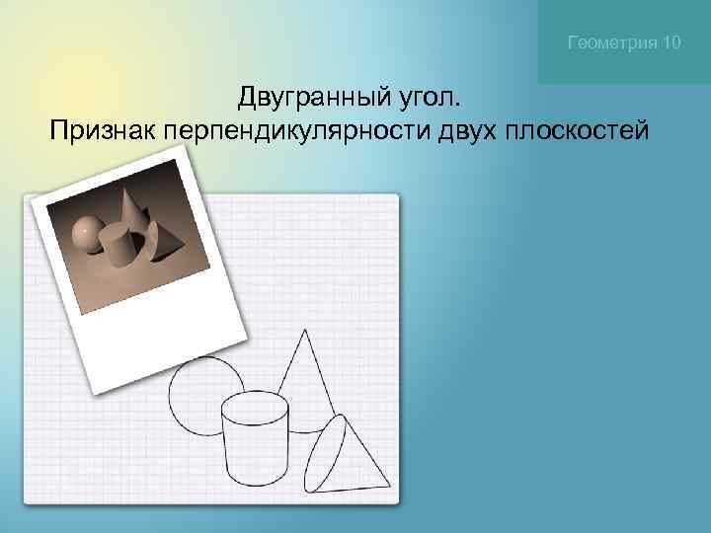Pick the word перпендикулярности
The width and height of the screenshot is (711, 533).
tap(295, 132)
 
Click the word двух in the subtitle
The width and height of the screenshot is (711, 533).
tap(464, 132)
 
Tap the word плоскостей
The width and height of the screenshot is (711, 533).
tap(578, 131)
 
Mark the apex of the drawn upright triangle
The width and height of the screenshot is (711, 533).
tap(304, 332)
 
